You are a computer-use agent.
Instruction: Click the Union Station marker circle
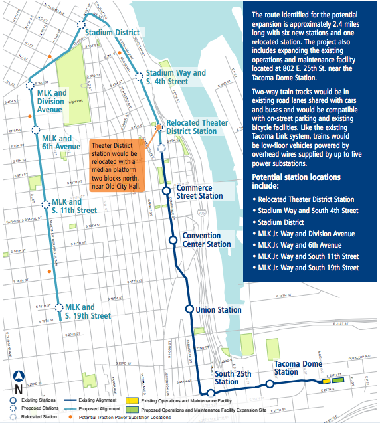(x=189, y=309)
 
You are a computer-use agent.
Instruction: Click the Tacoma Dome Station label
(x=299, y=368)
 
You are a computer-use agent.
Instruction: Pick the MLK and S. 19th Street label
(x=88, y=311)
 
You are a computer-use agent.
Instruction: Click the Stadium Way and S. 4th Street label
(x=175, y=77)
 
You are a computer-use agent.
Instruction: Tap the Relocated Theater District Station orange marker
(x=159, y=126)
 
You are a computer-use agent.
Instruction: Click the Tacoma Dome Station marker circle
(x=270, y=384)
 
